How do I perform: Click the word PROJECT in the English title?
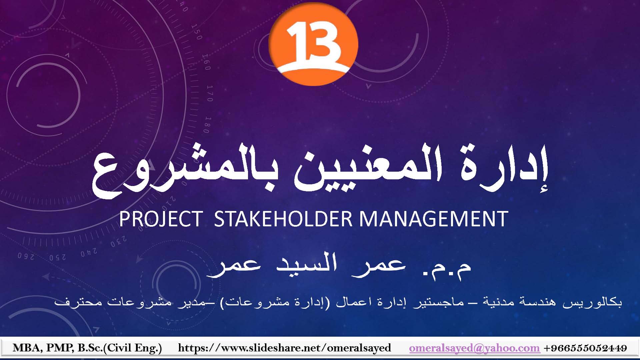click(x=161, y=219)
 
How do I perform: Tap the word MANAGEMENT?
click(x=434, y=219)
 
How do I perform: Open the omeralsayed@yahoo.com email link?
click(x=474, y=348)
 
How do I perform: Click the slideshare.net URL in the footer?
click(x=284, y=348)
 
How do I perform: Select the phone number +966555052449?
click(x=585, y=348)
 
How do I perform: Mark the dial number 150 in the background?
click(x=197, y=32)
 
